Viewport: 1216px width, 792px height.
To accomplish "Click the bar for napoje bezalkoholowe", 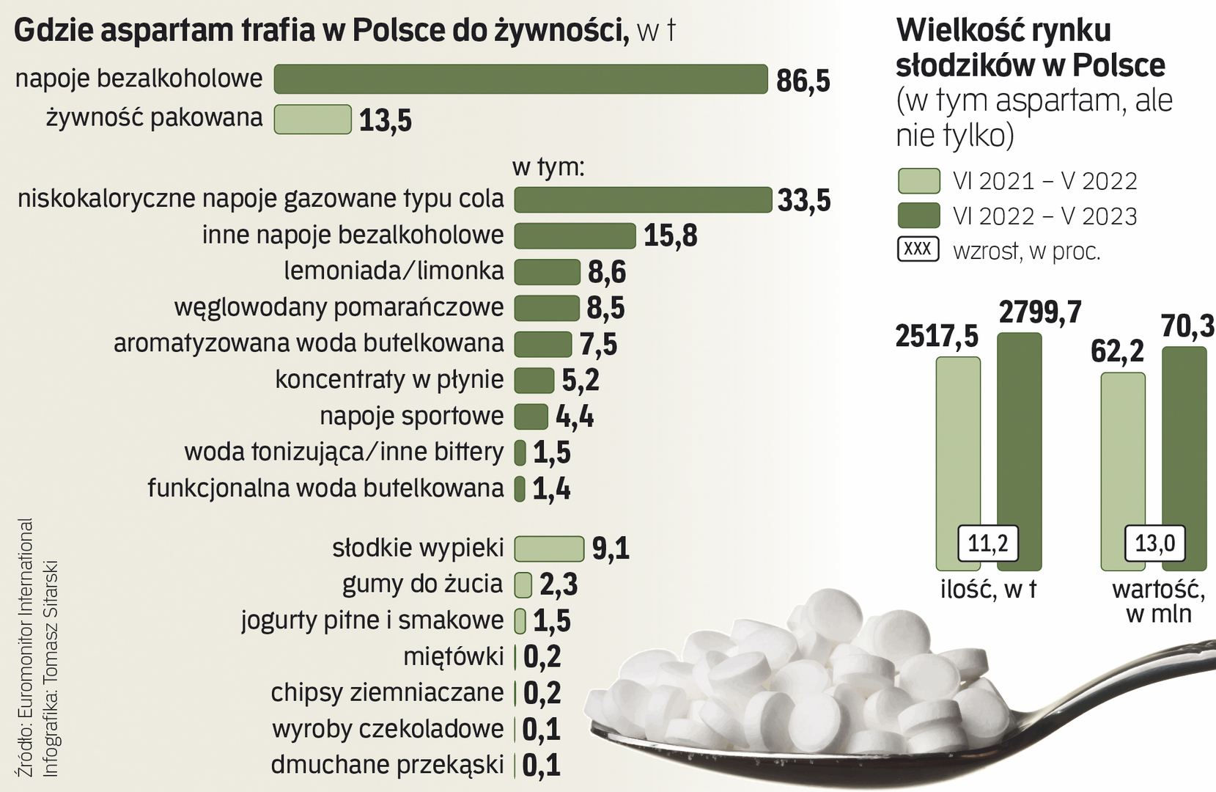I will pyautogui.click(x=520, y=79).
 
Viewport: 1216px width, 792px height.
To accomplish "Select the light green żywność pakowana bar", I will pyautogui.click(x=313, y=120).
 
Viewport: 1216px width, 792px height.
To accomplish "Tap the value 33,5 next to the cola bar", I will pyautogui.click(x=804, y=200).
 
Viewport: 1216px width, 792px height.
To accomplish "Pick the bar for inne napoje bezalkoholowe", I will pyautogui.click(x=575, y=236).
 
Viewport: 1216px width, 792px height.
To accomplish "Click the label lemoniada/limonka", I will pyautogui.click(x=394, y=271).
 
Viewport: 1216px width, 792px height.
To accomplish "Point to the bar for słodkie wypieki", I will pyautogui.click(x=549, y=549).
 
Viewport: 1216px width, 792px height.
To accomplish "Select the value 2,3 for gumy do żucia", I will pyautogui.click(x=559, y=584).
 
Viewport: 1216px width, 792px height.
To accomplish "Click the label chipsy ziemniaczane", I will pyautogui.click(x=387, y=692).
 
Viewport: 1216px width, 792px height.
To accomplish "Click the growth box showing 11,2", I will pyautogui.click(x=988, y=543).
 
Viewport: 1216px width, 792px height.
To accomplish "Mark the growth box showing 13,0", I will pyautogui.click(x=1155, y=543).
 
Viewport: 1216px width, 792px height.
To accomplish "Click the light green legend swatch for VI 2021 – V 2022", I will pyautogui.click(x=918, y=180).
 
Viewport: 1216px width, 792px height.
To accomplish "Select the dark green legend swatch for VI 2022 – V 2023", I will pyautogui.click(x=918, y=216).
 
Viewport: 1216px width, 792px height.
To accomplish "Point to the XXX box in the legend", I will pyautogui.click(x=918, y=249).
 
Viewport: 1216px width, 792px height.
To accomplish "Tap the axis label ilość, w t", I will pyautogui.click(x=988, y=590).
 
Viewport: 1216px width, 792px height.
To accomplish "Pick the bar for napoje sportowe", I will pyautogui.click(x=531, y=417).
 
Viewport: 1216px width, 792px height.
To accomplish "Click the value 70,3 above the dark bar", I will pyautogui.click(x=1188, y=326).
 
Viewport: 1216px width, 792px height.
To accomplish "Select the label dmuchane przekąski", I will pyautogui.click(x=387, y=765).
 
